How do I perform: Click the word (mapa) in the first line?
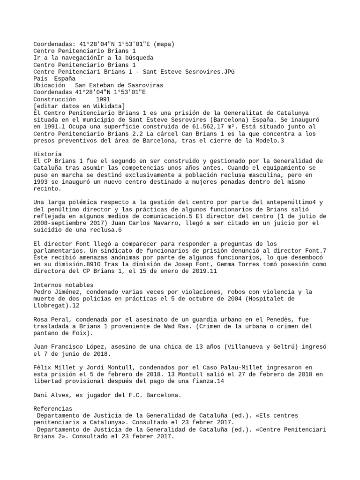click(x=164, y=45)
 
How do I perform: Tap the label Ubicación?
click(x=49, y=86)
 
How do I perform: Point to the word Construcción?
click(x=54, y=99)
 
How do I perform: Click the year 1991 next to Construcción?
click(x=103, y=99)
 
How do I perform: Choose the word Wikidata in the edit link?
click(x=106, y=106)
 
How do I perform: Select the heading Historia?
click(x=47, y=154)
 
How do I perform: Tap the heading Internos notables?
click(x=64, y=285)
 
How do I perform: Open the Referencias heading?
click(x=52, y=395)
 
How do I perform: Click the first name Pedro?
click(x=42, y=292)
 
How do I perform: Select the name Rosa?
click(x=40, y=319)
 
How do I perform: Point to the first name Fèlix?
click(x=42, y=367)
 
